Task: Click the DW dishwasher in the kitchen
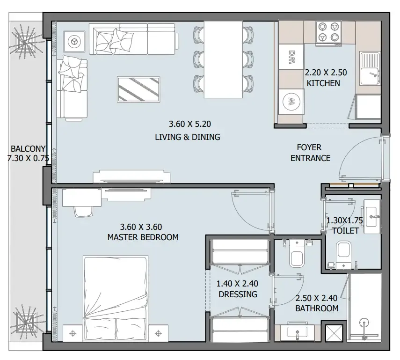291,58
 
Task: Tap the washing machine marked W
291,101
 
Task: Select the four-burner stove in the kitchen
329,33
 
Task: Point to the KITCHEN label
323,83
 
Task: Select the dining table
222,60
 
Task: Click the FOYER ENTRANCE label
310,153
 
